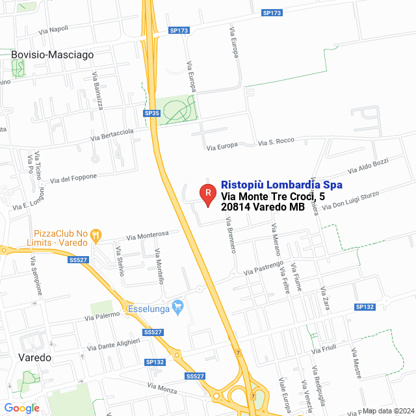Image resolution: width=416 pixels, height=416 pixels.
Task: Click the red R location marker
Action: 207,193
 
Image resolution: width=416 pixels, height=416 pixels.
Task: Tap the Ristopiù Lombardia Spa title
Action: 282,185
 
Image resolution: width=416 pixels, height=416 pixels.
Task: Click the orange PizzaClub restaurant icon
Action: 96,233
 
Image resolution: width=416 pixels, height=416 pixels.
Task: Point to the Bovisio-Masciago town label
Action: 53,55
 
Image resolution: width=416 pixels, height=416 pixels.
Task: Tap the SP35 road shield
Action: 152,113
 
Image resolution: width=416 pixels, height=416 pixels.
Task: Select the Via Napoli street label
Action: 53,29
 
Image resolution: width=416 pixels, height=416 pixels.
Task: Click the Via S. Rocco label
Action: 277,141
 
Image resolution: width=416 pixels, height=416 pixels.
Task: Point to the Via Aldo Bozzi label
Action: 369,165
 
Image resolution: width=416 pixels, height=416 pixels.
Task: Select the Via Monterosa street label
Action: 148,235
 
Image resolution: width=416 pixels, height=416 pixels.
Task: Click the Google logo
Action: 22,408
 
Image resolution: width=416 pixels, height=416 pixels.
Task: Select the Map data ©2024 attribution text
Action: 387,411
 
